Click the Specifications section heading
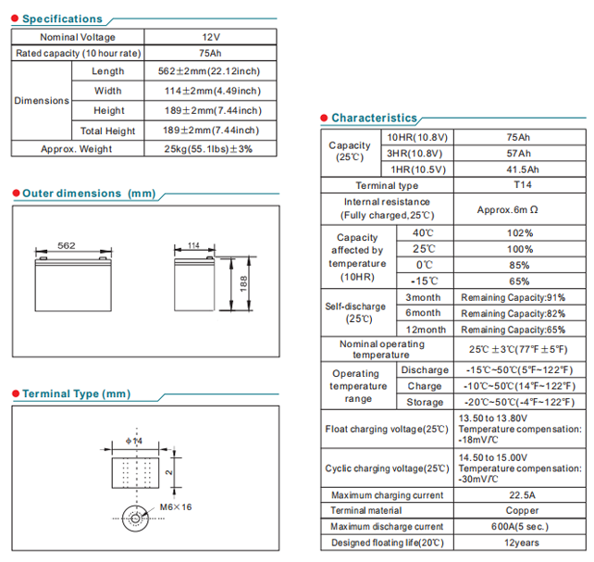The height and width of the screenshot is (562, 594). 62,19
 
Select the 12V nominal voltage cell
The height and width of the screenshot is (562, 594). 211,37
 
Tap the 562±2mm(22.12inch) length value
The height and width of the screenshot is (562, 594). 211,71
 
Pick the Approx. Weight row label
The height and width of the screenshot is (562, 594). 77,149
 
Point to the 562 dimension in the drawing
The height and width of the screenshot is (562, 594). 66,245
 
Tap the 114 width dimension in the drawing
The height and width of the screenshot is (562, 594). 192,245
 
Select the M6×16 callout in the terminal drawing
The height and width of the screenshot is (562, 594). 176,507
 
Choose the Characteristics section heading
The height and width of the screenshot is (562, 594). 374,118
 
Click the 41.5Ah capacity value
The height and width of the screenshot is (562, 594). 518,170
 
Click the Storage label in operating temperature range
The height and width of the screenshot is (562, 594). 425,403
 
